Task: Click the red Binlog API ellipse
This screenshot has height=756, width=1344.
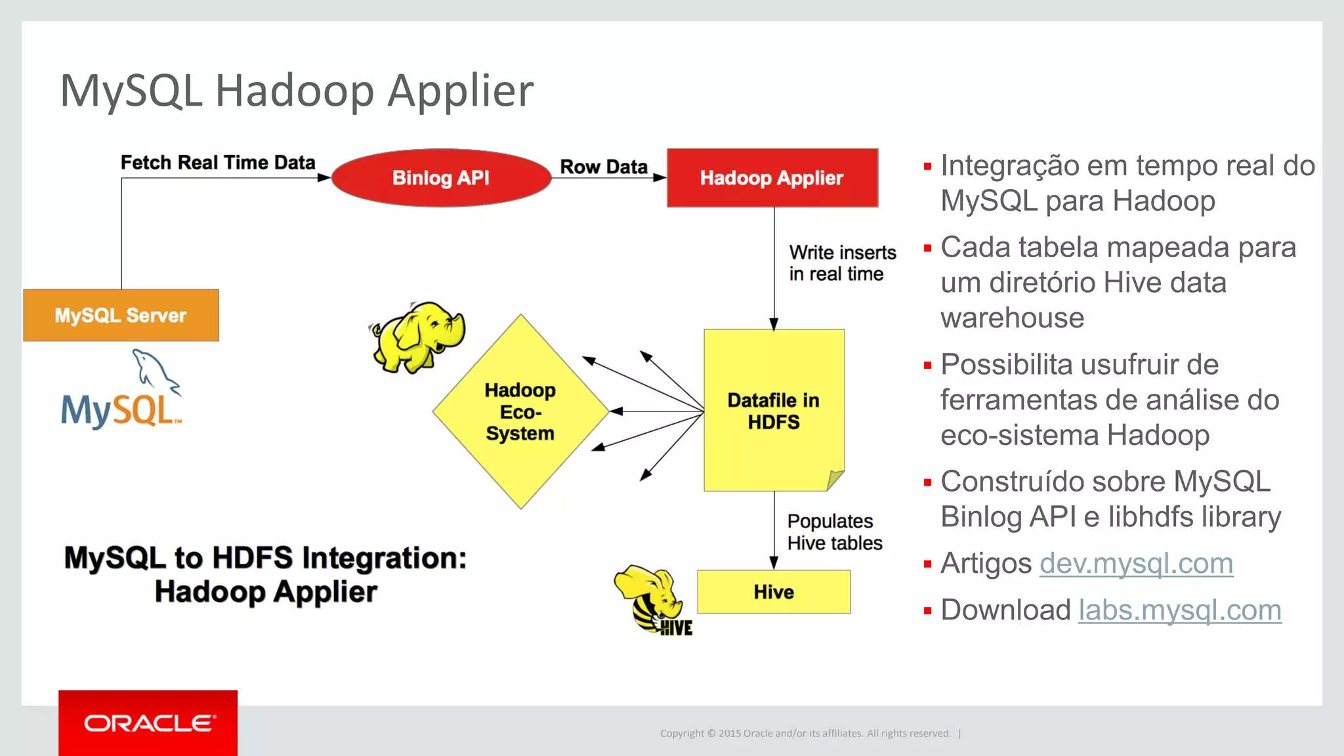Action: click(441, 178)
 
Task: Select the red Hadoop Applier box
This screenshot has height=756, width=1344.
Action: click(772, 178)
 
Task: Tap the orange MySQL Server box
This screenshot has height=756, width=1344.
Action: click(121, 315)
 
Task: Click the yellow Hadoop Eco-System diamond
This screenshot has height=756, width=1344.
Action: click(520, 411)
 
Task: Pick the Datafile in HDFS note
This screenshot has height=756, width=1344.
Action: click(773, 411)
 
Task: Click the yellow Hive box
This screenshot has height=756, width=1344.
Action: click(773, 592)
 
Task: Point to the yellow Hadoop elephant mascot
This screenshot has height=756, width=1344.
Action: click(417, 337)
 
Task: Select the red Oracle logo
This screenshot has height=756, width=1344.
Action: click(148, 723)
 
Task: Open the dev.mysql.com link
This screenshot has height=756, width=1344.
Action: click(1136, 564)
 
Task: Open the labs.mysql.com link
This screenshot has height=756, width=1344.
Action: click(1179, 610)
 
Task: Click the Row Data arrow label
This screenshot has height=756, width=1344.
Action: click(603, 167)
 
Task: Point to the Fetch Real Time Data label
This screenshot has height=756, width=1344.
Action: click(218, 162)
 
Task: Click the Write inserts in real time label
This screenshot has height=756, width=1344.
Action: click(842, 263)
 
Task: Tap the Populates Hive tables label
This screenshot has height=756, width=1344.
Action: click(834, 532)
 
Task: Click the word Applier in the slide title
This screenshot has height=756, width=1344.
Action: click(460, 91)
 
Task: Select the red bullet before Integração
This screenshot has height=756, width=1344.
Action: click(927, 167)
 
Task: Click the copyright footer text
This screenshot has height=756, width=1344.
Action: click(805, 733)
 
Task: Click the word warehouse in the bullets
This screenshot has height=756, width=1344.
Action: click(1012, 318)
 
